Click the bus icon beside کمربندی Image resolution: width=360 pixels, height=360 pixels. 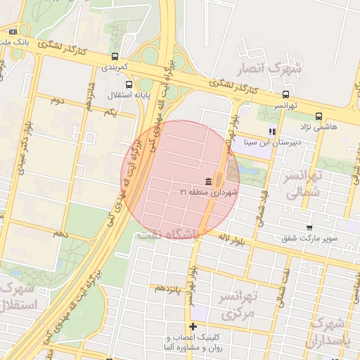115,56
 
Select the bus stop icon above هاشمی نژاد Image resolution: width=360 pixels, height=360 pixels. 319,116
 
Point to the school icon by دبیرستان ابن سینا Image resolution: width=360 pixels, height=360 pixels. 272,131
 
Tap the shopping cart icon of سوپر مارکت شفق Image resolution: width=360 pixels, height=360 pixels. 309,228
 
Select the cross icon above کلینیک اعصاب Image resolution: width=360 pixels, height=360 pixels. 193,326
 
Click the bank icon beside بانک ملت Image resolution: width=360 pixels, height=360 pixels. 13,32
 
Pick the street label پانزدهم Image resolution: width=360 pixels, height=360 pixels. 169,288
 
